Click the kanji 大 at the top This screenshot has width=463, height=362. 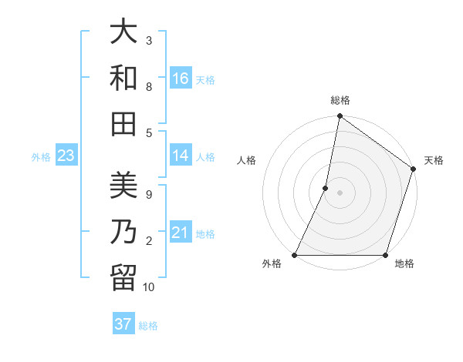pos(123,32)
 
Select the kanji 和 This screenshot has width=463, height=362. pos(123,78)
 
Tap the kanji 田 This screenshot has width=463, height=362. pos(123,123)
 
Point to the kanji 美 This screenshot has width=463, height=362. pos(123,185)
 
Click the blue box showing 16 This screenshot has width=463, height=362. pos(181,79)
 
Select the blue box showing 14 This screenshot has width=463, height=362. pos(181,156)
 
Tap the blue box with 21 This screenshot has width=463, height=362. pos(181,233)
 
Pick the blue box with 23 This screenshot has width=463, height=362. pos(66,156)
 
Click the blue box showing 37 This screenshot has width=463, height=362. pos(123,324)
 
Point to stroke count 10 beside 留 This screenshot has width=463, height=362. pos(149,287)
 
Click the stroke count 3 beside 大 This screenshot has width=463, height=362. pos(148,40)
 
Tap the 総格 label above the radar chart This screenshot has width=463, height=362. pos(340,100)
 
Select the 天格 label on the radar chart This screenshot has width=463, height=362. pos(434,160)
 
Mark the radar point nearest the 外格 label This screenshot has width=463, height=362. pos(295,255)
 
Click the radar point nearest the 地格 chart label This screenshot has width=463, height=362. pos(385,255)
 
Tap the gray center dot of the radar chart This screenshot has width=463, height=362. pos(340,193)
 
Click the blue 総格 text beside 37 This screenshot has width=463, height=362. pos(148,326)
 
